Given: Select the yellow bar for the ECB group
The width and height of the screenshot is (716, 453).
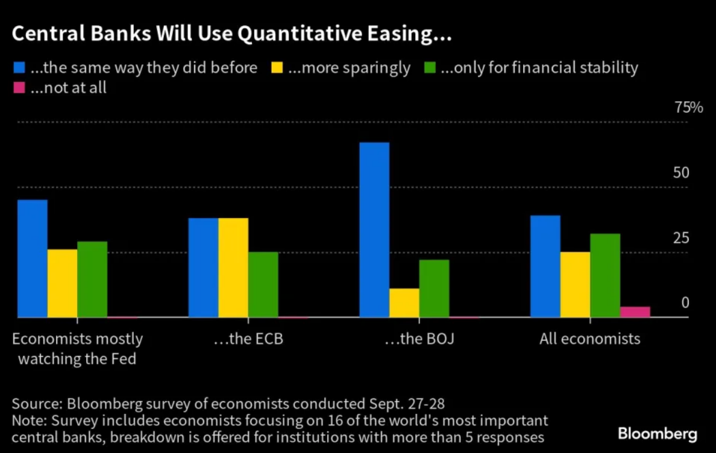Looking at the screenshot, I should tap(233, 267).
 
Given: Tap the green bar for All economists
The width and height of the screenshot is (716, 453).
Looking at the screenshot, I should tap(605, 275).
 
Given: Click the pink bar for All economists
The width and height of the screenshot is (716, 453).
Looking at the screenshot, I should tap(635, 311).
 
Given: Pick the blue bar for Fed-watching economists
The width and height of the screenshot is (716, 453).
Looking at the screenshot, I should tap(33, 258).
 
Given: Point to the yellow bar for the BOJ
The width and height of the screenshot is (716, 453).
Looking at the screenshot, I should tap(404, 302).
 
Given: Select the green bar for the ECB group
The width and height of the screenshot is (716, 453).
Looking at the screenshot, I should tap(263, 284).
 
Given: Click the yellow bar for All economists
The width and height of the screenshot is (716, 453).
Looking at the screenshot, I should tap(575, 284).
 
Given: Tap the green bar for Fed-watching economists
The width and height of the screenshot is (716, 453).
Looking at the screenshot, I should tap(92, 280).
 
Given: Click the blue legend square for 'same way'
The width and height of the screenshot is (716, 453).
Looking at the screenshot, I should tap(18, 67).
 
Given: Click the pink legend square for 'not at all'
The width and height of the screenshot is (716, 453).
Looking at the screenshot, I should tap(18, 88).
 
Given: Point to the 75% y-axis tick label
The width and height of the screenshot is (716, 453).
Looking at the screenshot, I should tap(689, 108).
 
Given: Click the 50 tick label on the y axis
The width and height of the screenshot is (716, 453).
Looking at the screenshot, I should tap(680, 173).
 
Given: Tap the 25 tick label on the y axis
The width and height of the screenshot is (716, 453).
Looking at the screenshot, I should tap(680, 238).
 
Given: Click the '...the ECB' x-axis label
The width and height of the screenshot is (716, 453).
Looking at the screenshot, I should tap(248, 339).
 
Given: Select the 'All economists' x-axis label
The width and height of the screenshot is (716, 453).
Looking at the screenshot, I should tap(589, 339).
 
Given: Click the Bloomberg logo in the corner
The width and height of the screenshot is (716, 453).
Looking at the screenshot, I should tap(657, 434).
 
